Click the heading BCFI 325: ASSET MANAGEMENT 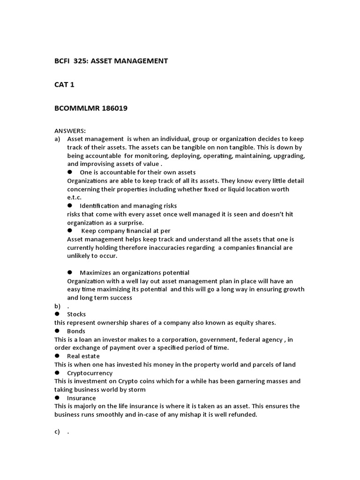111,61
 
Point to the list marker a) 57,139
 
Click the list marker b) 57,306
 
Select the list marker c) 57,432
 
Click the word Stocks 76,314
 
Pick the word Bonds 76,331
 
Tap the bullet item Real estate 83,356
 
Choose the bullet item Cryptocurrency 90,373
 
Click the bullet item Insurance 81,398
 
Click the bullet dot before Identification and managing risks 70,205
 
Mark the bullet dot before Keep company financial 70,231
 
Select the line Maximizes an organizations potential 134,272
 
